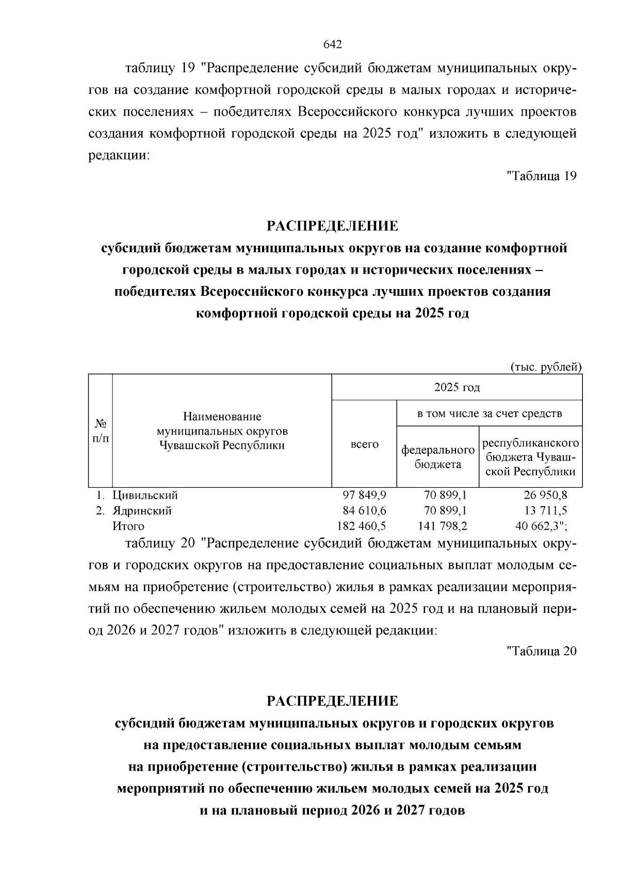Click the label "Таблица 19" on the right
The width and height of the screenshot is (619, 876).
[x=541, y=176]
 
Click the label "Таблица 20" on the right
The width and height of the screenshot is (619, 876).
[x=541, y=651]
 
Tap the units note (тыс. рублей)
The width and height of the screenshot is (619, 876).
[x=546, y=367]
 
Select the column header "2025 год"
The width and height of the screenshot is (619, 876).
[x=457, y=387]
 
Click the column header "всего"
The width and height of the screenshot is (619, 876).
[x=364, y=444]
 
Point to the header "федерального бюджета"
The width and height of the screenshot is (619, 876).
[x=438, y=457]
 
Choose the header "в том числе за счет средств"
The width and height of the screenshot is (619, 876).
[x=489, y=413]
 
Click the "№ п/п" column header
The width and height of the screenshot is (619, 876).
[x=101, y=431]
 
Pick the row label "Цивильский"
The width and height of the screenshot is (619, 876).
[x=145, y=495]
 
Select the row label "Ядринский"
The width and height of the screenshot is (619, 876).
[x=142, y=511]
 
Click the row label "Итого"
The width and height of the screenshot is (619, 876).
[x=128, y=526]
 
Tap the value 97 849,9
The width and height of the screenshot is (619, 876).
[x=364, y=495]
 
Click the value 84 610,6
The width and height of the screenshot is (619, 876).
[x=364, y=511]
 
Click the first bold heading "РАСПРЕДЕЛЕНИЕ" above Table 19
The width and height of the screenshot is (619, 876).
[x=333, y=226]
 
